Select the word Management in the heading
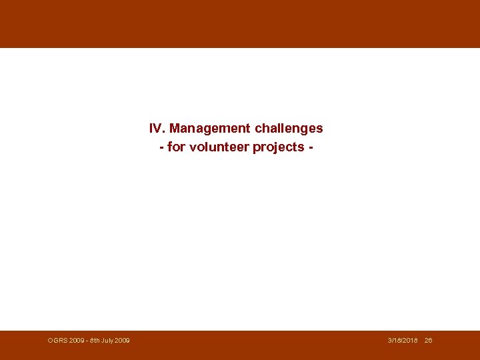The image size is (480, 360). pyautogui.click(x=210, y=128)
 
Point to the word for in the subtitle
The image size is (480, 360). pyautogui.click(x=176, y=147)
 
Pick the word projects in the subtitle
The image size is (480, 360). pyautogui.click(x=279, y=147)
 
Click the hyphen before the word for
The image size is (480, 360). pyautogui.click(x=162, y=147)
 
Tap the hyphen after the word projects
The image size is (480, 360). pyautogui.click(x=310, y=147)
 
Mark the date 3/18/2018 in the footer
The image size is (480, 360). pyautogui.click(x=403, y=341)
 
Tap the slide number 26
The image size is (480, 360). pyautogui.click(x=428, y=341)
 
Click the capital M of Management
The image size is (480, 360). pyautogui.click(x=175, y=128)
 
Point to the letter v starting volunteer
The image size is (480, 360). pyautogui.click(x=193, y=147)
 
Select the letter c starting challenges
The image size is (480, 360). pyautogui.click(x=259, y=128)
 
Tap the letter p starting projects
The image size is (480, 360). pyautogui.click(x=257, y=147)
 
